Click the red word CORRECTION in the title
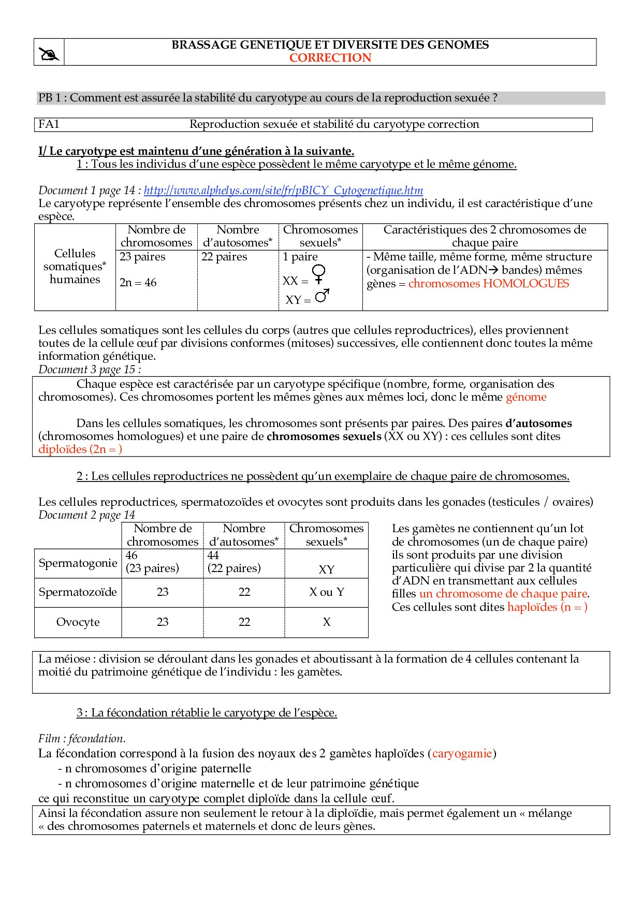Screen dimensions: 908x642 (330, 58)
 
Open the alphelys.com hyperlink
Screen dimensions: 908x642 (283, 191)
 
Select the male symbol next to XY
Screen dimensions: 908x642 (322, 296)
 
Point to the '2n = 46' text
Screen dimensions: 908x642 (138, 283)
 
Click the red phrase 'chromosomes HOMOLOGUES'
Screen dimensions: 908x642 (488, 284)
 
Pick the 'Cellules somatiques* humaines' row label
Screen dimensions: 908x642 (75, 267)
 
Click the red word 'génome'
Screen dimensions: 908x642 (526, 397)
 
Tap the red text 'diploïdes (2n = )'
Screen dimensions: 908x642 (80, 449)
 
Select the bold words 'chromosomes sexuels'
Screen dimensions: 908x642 (324, 436)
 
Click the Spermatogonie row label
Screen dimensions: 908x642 (78, 563)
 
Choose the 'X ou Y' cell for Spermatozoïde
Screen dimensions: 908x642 (326, 592)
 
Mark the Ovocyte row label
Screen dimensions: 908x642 (78, 622)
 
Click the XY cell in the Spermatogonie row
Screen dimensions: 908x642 (326, 569)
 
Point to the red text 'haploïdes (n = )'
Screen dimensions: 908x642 (547, 607)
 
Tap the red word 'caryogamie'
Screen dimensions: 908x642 (462, 754)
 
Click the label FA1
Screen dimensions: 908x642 (49, 124)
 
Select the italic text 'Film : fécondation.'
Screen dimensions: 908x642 (82, 739)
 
